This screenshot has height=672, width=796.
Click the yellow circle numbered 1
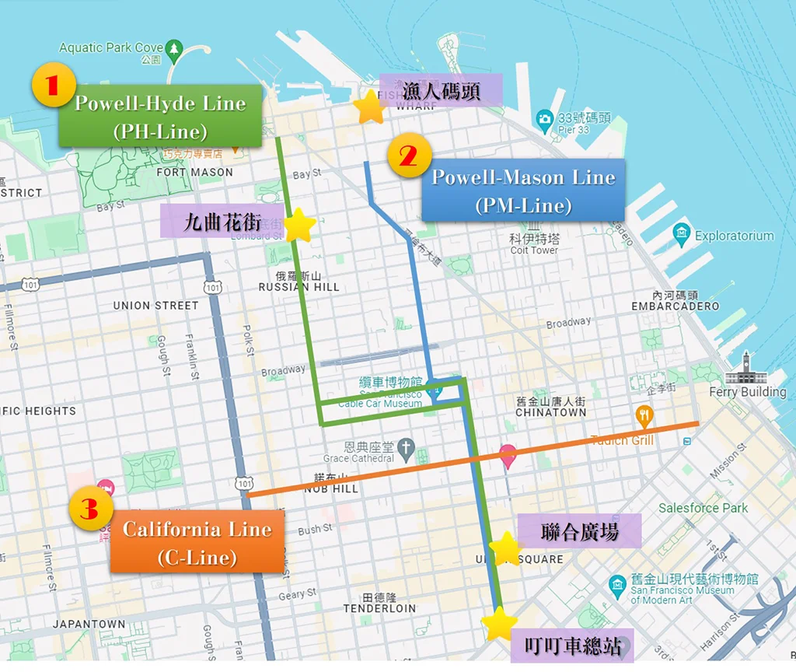pos(52,86)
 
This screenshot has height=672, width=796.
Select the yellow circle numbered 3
pos(89,510)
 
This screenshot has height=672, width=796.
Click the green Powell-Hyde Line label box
pos(160,116)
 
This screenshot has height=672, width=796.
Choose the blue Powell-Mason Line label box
pos(523,191)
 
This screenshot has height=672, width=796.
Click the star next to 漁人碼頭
pos(369,108)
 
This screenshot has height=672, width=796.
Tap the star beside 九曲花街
pos(300,226)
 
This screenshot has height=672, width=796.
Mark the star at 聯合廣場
pos(506,549)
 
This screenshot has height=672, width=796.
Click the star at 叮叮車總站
pos(498,624)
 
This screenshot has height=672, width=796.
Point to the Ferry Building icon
pos(747,368)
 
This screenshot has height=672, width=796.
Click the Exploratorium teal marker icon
pos(682,233)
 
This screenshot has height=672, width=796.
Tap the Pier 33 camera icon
pos(544,119)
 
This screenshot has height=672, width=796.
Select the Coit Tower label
pos(534,250)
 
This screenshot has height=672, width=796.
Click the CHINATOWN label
pos(551,412)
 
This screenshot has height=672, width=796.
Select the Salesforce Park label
pos(703,508)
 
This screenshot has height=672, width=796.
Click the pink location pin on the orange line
pos(508,455)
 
